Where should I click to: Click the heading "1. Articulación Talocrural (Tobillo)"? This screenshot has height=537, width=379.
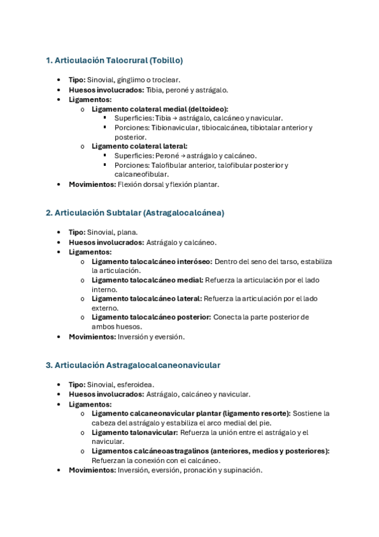point(115,61)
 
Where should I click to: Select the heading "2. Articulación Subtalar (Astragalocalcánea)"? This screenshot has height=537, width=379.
point(135,213)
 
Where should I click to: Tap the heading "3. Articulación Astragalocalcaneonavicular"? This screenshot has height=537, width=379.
point(133,365)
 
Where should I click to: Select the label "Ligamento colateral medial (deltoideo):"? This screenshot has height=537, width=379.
point(160,109)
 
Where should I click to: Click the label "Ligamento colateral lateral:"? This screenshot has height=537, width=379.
point(139,146)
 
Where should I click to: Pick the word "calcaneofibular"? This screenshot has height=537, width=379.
point(141,174)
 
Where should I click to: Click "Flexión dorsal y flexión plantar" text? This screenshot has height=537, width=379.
point(168,184)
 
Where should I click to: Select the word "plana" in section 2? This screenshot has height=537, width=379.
point(127,232)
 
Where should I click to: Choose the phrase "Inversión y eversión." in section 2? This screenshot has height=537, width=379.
point(151,337)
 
